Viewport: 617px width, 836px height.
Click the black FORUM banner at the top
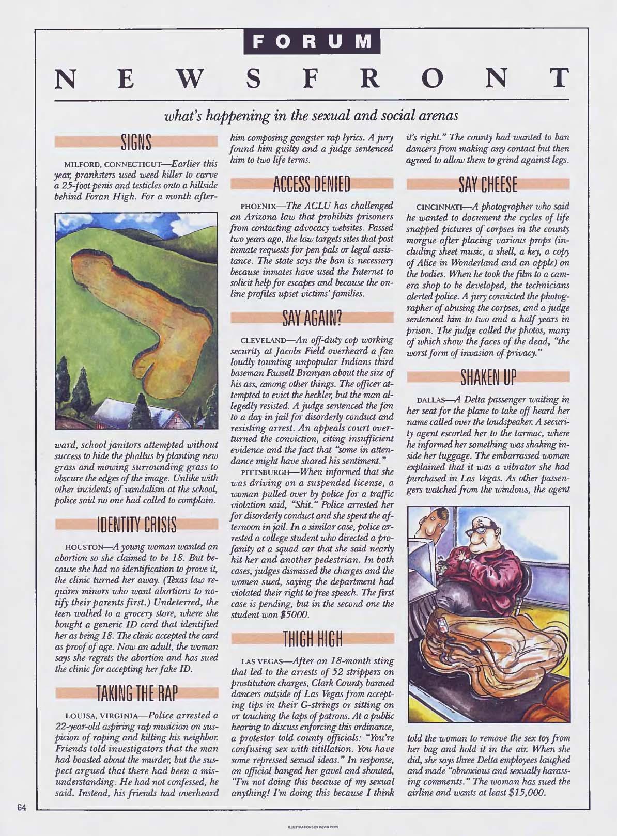tap(312, 40)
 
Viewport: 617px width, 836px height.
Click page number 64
tap(21, 808)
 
